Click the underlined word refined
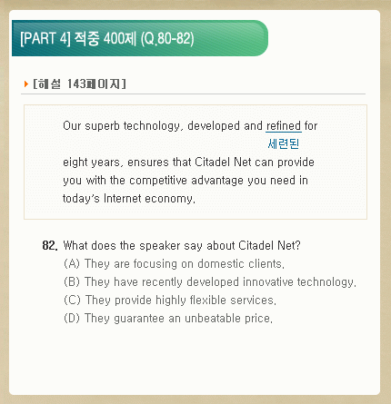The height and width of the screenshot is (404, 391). pos(284,126)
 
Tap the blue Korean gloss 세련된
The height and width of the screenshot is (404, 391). pos(284,143)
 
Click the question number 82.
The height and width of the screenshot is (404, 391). pos(50,245)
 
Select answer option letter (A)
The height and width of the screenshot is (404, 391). pos(72,264)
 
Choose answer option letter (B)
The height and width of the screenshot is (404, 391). pos(72,282)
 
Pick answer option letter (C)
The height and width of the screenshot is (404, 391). pos(72,301)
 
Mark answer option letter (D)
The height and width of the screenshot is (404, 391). pos(72,319)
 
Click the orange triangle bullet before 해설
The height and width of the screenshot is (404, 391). pos(26,84)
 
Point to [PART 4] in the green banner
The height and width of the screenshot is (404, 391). pos(45,38)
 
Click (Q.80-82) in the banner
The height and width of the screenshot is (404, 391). pos(167,39)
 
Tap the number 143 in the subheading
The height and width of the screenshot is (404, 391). pos(76,84)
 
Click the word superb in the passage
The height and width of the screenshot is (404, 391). pos(102,126)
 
